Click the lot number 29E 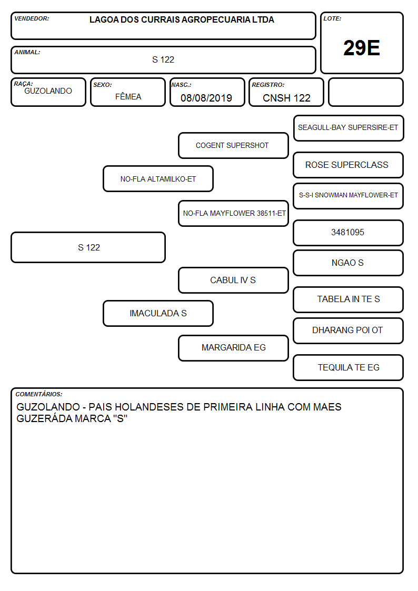point(362,48)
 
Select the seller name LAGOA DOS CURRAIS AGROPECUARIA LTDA point(182,19)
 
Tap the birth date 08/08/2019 point(206,98)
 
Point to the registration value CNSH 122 point(286,98)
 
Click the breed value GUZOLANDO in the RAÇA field point(48,91)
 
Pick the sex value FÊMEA point(128,96)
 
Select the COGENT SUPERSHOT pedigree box point(233,145)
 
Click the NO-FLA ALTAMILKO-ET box point(158,179)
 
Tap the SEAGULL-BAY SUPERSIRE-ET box point(349,128)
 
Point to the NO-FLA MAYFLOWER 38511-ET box point(233,213)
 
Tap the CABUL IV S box point(233,280)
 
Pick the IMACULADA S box point(158,313)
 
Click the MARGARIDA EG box point(233,348)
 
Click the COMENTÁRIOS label point(39,394)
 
